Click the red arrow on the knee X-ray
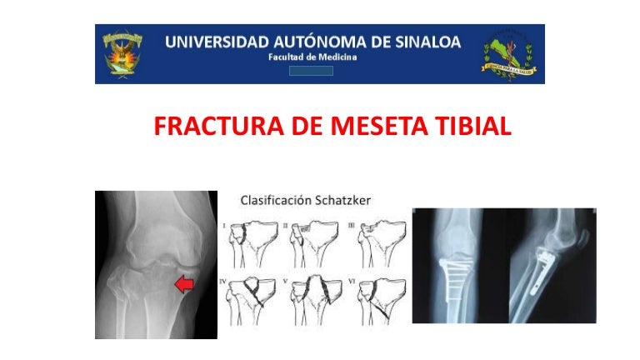click(x=184, y=285)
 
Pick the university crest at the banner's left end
click(x=122, y=53)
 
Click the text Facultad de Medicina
click(x=312, y=57)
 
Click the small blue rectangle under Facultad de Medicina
click(x=311, y=71)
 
